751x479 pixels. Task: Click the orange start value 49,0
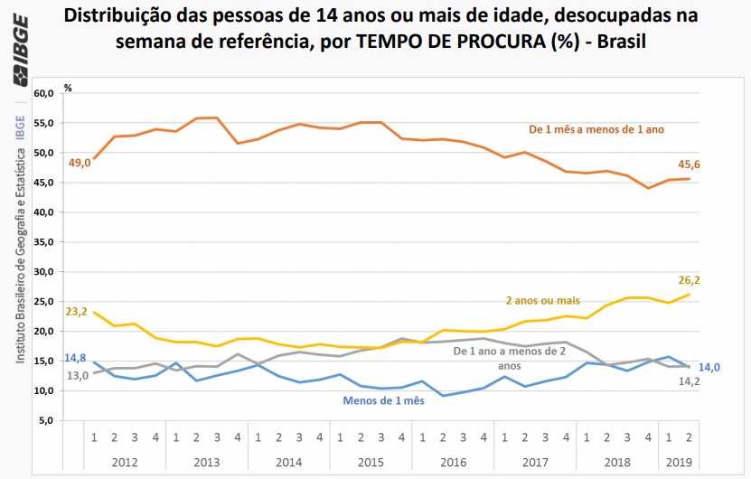pyautogui.click(x=79, y=164)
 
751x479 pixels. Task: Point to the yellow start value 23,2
pyautogui.click(x=78, y=312)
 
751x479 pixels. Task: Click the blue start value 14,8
pyautogui.click(x=76, y=357)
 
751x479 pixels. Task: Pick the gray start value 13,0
pyautogui.click(x=76, y=375)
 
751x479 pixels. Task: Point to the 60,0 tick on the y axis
pyautogui.click(x=43, y=93)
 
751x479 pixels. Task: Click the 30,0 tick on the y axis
pyautogui.click(x=43, y=271)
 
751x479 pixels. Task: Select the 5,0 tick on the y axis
pyautogui.click(x=46, y=420)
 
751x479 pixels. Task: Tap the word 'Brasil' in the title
pyautogui.click(x=624, y=42)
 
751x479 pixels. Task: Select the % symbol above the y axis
pyautogui.click(x=68, y=88)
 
